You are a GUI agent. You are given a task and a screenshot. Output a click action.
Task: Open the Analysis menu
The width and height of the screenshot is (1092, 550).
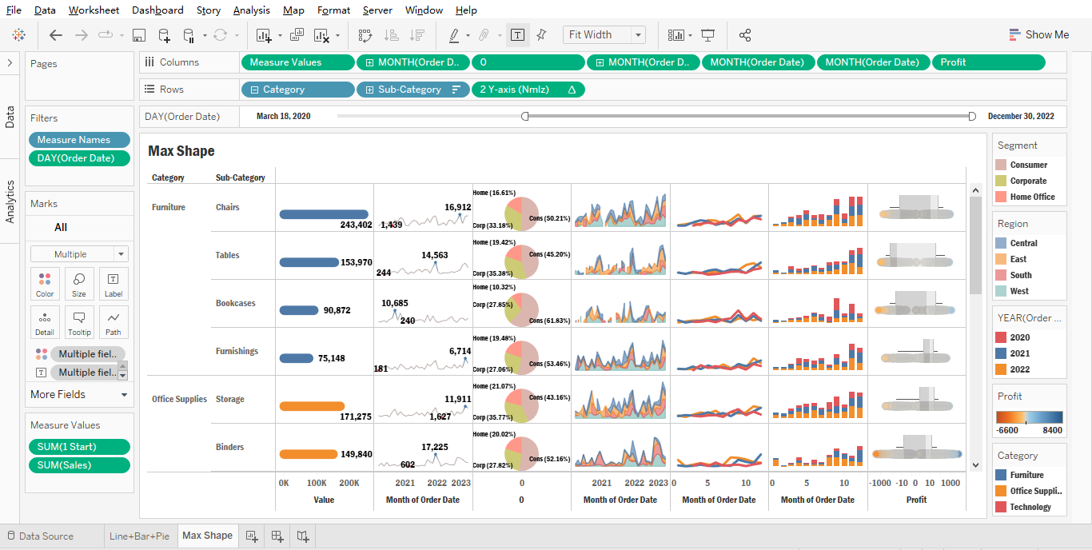click(x=251, y=10)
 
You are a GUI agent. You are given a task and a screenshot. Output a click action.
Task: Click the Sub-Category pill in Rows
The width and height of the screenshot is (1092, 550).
click(x=409, y=90)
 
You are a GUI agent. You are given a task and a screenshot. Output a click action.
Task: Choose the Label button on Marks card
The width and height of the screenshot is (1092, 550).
click(x=113, y=284)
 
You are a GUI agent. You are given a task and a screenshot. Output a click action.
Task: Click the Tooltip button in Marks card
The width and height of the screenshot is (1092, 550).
click(x=79, y=322)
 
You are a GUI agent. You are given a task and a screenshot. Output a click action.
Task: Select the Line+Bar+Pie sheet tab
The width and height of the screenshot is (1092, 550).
click(x=139, y=536)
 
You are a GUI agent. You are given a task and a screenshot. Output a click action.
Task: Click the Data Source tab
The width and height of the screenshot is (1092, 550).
click(x=46, y=536)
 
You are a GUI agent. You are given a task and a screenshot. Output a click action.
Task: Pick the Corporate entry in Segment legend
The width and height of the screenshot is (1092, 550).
click(x=1027, y=181)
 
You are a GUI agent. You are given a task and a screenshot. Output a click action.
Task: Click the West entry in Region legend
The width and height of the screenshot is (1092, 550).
click(x=1018, y=291)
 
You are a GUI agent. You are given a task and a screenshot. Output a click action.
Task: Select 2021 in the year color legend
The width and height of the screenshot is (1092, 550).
click(x=1019, y=353)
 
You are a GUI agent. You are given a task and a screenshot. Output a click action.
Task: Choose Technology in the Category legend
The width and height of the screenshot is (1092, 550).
click(x=1030, y=507)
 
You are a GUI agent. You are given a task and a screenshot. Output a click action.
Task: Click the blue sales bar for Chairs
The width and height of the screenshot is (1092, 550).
click(x=324, y=214)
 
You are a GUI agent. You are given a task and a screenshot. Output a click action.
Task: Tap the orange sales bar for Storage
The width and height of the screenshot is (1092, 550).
click(x=312, y=406)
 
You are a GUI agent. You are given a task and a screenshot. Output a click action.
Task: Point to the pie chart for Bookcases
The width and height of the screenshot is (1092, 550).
click(x=522, y=309)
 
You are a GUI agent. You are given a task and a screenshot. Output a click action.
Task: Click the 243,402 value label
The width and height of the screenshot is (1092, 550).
click(x=356, y=225)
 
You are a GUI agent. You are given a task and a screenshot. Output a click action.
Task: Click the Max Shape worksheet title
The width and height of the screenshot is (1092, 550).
click(x=181, y=151)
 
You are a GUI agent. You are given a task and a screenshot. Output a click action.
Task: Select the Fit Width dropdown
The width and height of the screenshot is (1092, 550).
click(x=604, y=34)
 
